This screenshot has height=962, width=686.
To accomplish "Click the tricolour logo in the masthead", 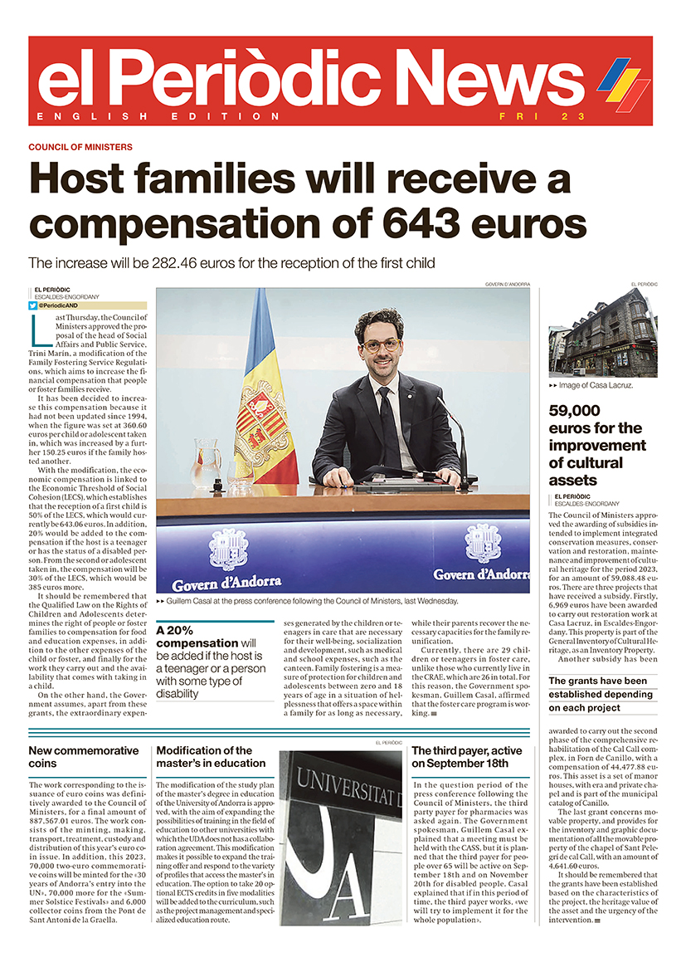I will [623, 84].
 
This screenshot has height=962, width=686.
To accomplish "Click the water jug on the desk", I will [206, 464].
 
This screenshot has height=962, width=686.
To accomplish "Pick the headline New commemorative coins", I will [84, 756].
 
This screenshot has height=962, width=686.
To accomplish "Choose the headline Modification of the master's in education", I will [211, 756].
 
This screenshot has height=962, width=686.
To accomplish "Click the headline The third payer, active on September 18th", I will [467, 756].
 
